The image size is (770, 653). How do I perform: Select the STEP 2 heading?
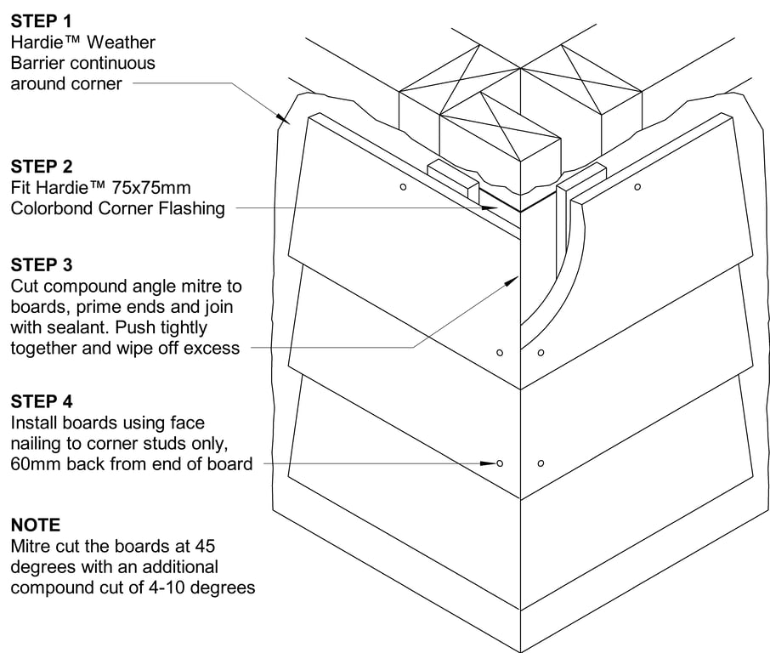[x=42, y=166]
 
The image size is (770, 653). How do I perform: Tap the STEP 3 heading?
[x=42, y=264]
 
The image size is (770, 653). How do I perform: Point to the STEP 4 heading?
[x=42, y=400]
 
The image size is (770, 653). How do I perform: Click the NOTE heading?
[x=36, y=525]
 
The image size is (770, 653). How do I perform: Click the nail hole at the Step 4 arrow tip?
[x=500, y=463]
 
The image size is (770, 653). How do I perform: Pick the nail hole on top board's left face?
[x=404, y=186]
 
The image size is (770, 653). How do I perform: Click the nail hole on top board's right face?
[x=637, y=186]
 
